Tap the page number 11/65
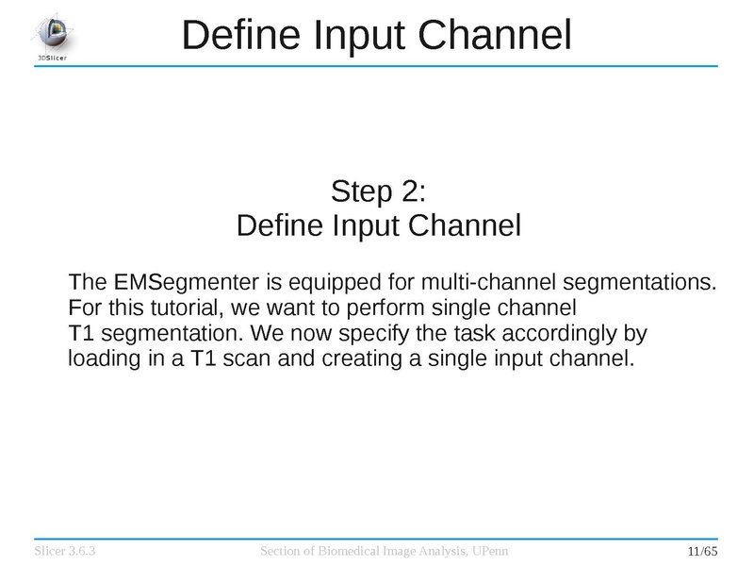[702, 551]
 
